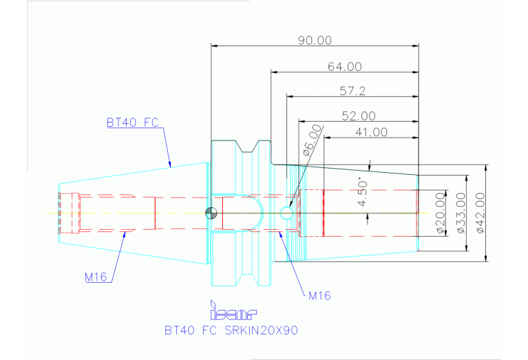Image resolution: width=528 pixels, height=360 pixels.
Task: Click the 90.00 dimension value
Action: [315, 41]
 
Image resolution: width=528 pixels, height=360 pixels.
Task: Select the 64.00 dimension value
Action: [345, 67]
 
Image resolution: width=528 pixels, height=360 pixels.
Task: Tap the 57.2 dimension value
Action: [352, 91]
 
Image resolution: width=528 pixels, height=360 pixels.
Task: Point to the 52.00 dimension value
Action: [359, 116]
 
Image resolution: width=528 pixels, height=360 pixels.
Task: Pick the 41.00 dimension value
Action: [370, 131]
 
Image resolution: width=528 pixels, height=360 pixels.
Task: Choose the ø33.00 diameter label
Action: [460, 213]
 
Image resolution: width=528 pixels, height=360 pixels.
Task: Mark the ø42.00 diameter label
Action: [480, 213]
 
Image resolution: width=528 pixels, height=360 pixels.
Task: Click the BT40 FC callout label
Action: [133, 123]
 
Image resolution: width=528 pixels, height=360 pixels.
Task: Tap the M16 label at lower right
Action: [319, 296]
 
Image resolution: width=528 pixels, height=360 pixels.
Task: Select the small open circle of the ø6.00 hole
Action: [287, 213]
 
